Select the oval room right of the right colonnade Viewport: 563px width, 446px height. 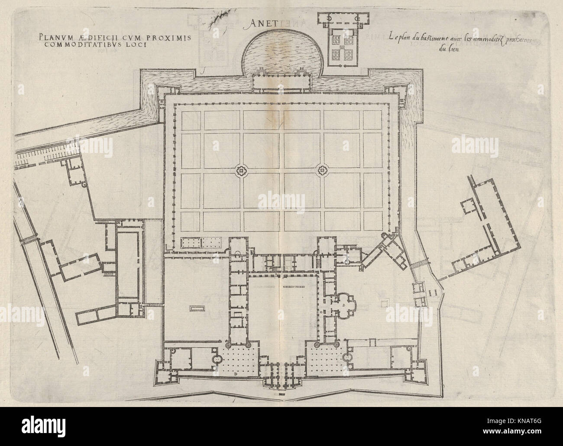[x=346, y=358]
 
